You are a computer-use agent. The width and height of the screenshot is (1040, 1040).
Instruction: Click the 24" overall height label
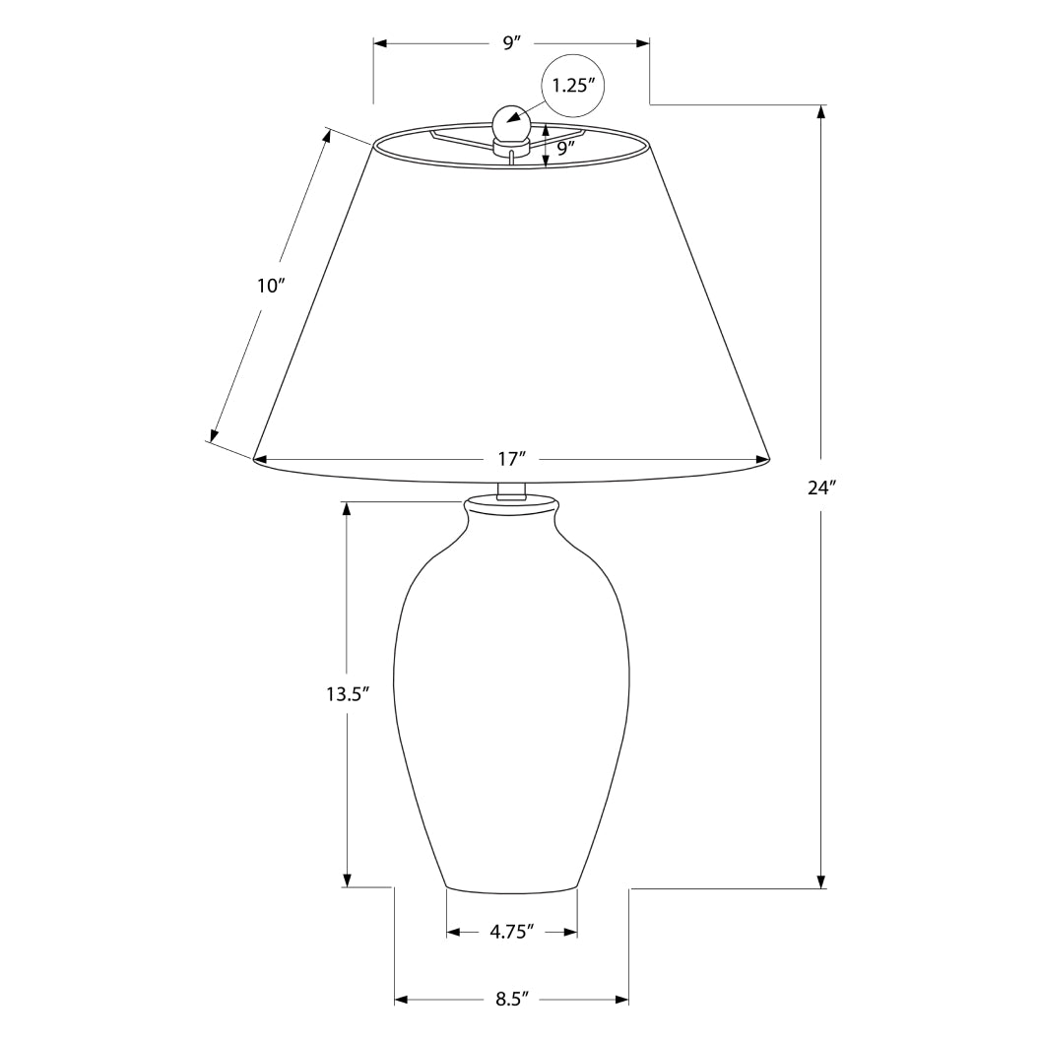(x=821, y=487)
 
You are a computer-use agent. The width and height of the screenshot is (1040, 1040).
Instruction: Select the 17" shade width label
(x=511, y=459)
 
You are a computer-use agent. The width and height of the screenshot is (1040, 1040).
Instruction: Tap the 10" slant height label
(x=270, y=287)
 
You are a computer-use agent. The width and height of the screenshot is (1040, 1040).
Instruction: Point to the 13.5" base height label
(x=347, y=693)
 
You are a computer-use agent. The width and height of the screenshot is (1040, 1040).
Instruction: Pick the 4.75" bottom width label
(x=511, y=931)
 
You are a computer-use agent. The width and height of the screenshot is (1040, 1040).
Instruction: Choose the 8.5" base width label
(x=511, y=1000)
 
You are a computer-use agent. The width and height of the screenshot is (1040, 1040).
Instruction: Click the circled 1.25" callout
(x=572, y=85)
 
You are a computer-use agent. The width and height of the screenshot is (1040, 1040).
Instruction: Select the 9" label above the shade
(x=511, y=43)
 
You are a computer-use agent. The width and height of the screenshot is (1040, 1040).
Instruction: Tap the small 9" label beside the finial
(x=565, y=149)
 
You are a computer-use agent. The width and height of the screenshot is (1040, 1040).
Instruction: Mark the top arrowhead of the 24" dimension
(x=821, y=111)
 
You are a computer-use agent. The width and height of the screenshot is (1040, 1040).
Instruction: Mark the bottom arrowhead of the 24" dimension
(x=821, y=879)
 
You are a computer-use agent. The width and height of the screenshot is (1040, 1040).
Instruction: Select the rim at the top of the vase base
(x=511, y=505)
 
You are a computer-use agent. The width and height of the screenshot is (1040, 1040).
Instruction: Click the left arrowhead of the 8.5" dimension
(x=402, y=1000)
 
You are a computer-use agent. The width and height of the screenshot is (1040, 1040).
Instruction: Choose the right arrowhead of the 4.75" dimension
(x=570, y=931)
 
